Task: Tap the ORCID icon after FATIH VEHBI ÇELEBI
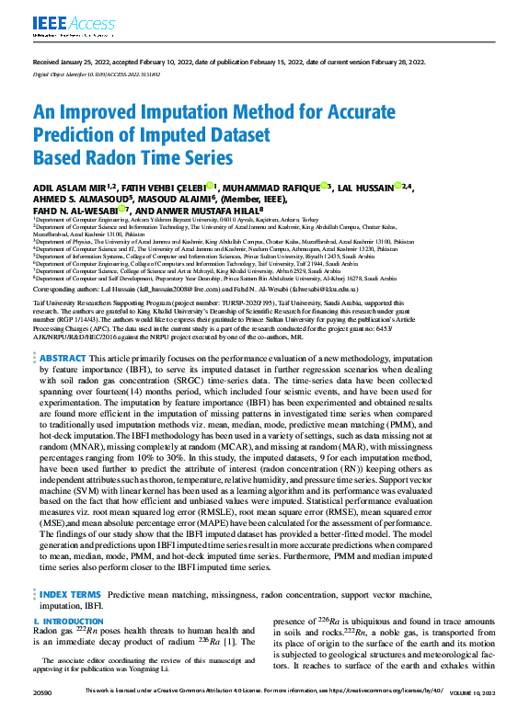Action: pyautogui.click(x=211, y=187)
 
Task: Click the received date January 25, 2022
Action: pyautogui.click(x=90, y=63)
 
